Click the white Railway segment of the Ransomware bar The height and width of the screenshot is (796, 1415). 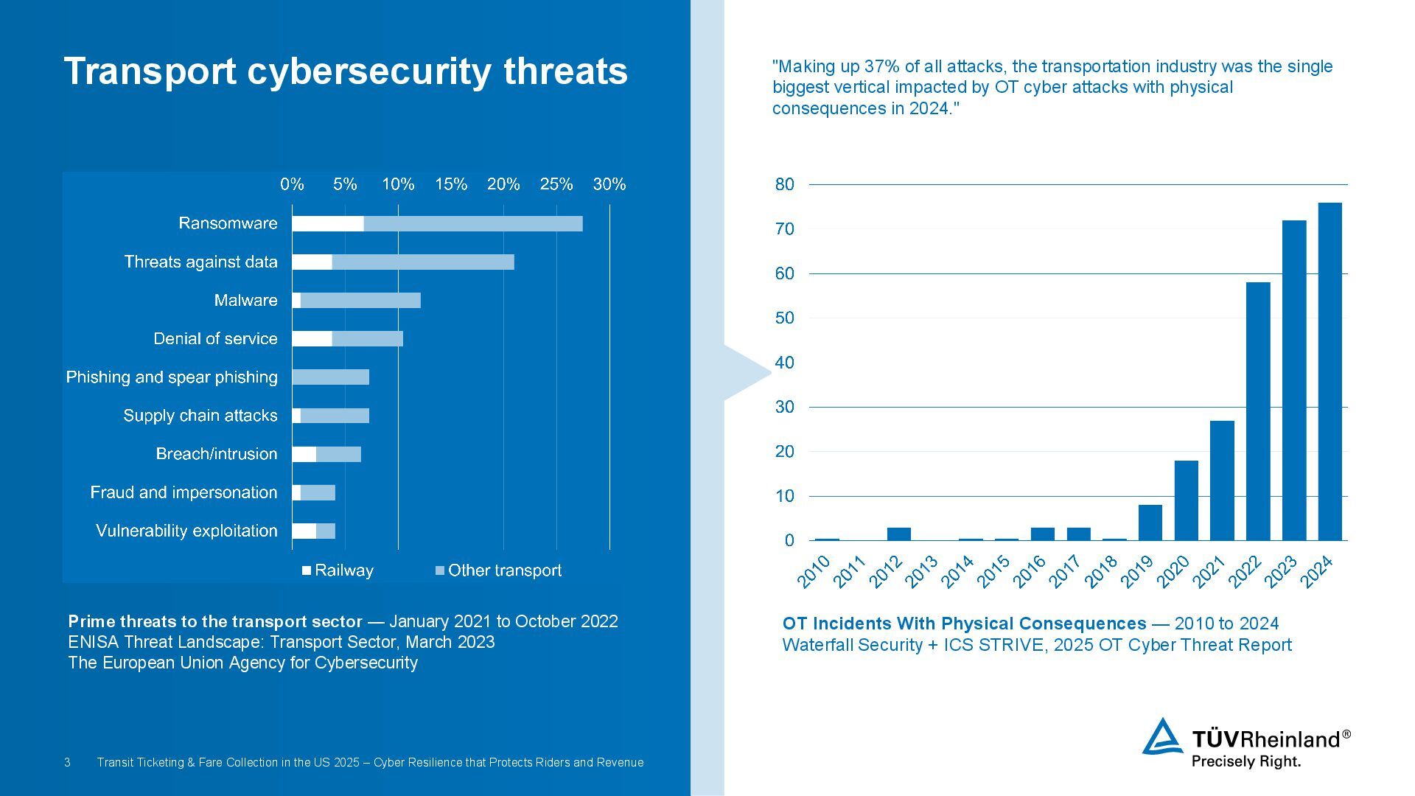tap(328, 223)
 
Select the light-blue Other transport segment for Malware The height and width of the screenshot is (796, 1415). tap(360, 300)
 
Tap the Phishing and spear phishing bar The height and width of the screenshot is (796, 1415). tap(330, 377)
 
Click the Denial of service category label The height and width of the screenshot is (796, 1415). tap(215, 339)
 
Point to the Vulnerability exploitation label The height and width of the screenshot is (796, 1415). tap(186, 531)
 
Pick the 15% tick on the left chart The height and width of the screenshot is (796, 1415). tap(450, 184)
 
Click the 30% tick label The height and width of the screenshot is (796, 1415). tap(609, 184)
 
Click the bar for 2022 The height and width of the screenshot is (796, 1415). tap(1258, 411)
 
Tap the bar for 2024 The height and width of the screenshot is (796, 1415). tap(1330, 371)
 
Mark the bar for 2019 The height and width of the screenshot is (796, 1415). tap(1150, 523)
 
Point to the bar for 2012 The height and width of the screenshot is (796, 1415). tap(898, 534)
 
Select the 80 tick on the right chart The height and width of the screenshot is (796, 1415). tap(785, 184)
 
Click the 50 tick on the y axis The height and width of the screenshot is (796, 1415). tap(785, 318)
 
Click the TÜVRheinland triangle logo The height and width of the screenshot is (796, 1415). tap(1162, 737)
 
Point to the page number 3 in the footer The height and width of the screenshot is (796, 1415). tap(67, 762)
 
